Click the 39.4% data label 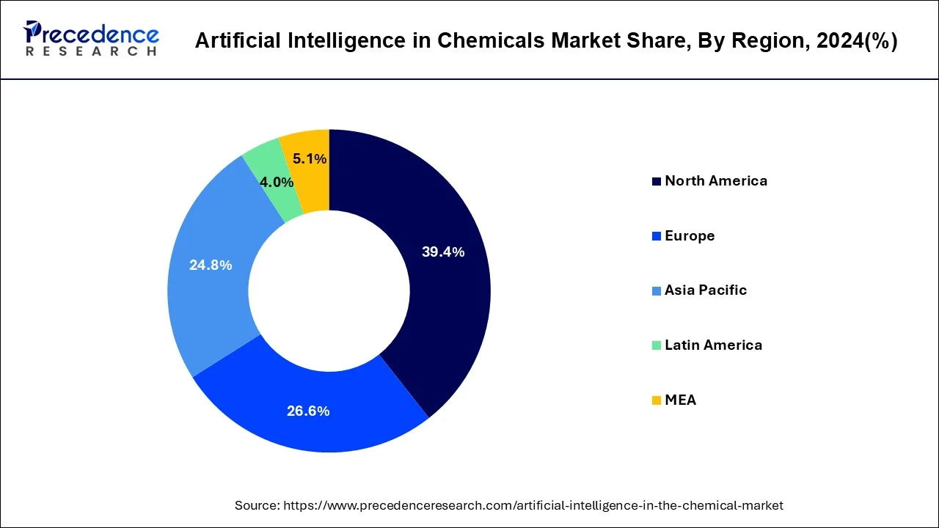(x=443, y=252)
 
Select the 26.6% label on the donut (x=308, y=411)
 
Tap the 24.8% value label (x=211, y=265)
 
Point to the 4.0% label (x=277, y=182)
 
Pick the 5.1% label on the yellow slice (x=310, y=158)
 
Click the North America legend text (x=716, y=181)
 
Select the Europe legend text (x=690, y=236)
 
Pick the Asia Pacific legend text (x=706, y=290)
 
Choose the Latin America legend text (x=713, y=345)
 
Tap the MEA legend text (x=680, y=400)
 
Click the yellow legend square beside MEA (x=656, y=400)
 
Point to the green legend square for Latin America (x=656, y=345)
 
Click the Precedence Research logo (x=91, y=38)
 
